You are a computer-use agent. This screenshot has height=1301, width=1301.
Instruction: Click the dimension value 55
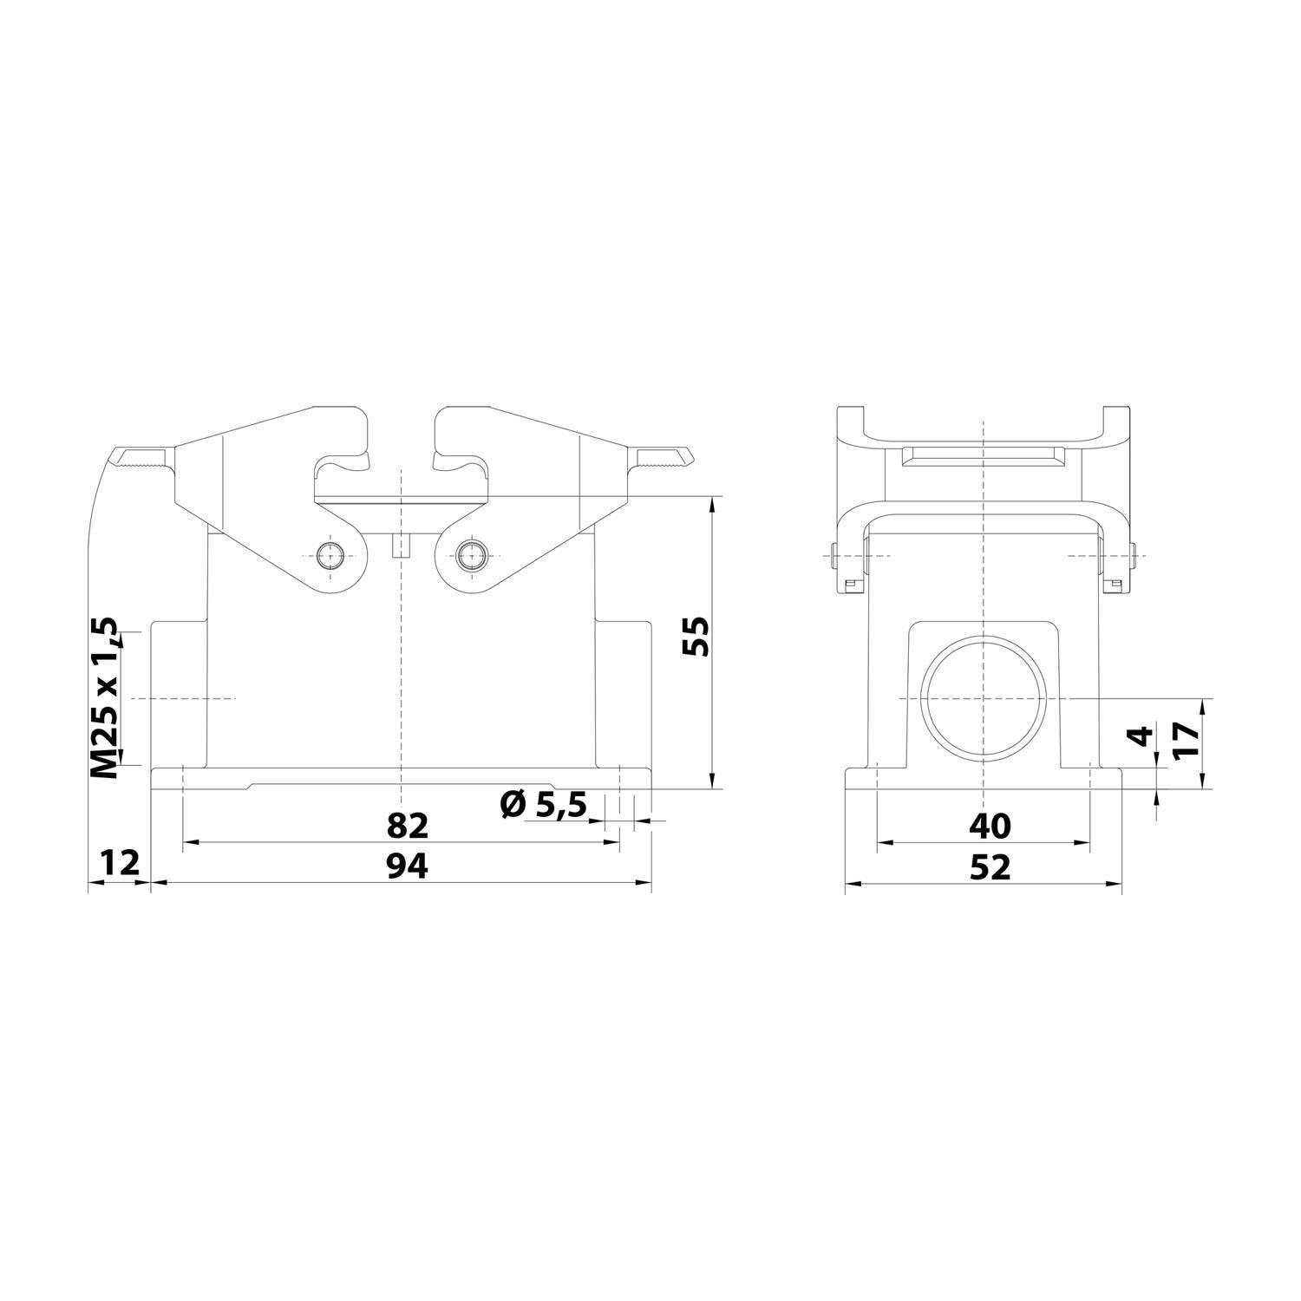(x=696, y=637)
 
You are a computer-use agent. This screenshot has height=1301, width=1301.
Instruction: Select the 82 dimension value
(x=408, y=826)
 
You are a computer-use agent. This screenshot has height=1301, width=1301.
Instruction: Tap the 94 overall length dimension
(x=408, y=866)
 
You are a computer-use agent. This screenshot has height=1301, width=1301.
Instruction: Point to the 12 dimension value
(x=119, y=864)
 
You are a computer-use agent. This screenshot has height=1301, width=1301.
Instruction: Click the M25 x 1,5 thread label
(x=105, y=698)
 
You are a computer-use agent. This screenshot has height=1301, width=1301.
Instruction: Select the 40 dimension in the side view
(x=990, y=827)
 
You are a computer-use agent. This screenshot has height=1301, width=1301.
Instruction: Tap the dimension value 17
(x=1185, y=742)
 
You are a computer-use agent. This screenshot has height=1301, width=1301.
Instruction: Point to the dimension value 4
(x=1145, y=735)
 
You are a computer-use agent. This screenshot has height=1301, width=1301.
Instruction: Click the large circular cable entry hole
(x=983, y=699)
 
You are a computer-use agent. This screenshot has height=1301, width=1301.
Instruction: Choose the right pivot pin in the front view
(x=472, y=555)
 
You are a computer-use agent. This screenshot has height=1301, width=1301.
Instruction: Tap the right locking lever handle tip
(x=664, y=456)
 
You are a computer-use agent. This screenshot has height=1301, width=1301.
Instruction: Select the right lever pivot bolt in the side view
(x=1133, y=555)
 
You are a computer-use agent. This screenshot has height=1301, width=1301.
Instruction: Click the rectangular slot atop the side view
(x=983, y=456)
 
